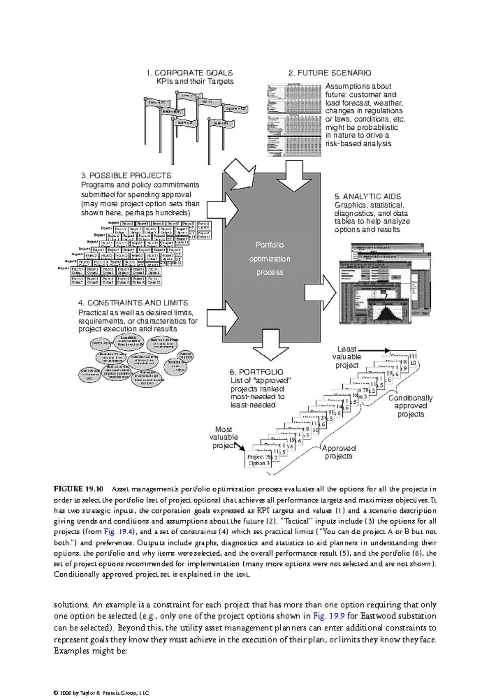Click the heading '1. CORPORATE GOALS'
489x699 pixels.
pos(189,73)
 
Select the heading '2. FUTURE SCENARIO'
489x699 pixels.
pos(330,73)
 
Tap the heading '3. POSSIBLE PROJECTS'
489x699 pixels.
pos(126,176)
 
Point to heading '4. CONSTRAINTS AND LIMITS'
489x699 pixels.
pos(133,303)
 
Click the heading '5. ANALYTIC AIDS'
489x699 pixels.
pos(368,197)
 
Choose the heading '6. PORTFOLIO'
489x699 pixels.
pos(256,372)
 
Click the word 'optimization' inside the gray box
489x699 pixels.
pos(269,259)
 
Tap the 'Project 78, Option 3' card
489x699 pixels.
pos(259,460)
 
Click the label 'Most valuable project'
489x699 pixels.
pos(223,437)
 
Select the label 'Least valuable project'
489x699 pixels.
pos(346,357)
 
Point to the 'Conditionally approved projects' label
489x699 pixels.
pos(410,406)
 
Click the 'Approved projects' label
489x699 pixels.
pos(339,452)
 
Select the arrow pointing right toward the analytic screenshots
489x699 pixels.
pos(320,292)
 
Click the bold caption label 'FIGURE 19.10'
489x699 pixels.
pos(78,489)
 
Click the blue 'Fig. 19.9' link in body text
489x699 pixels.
pos(329,616)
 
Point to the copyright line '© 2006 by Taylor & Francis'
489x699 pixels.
pos(101,693)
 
